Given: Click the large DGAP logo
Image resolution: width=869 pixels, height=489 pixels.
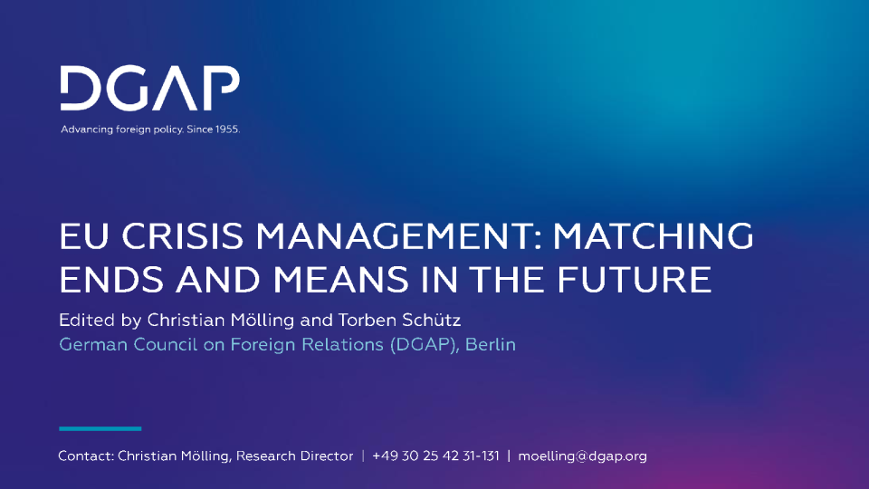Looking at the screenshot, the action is click(x=149, y=88).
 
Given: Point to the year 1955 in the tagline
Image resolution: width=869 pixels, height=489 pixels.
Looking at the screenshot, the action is click(x=227, y=129).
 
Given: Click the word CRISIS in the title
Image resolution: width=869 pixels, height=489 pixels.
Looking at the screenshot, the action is click(x=182, y=236).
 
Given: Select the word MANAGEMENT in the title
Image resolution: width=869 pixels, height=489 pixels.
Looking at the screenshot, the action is click(x=398, y=236).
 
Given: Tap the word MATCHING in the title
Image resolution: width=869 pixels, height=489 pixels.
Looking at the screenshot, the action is click(x=654, y=236).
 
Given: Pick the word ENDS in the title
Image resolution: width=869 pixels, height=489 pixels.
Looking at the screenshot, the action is click(x=111, y=280).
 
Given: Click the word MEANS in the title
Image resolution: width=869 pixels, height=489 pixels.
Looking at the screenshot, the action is click(x=341, y=280).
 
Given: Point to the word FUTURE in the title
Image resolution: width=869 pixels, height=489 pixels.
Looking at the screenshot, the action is click(x=634, y=280).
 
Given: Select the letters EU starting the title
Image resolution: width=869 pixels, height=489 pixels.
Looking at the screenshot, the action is click(x=83, y=236).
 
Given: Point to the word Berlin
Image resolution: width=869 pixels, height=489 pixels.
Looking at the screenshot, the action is click(x=491, y=345).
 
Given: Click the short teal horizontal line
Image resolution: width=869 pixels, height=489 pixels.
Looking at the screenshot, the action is click(x=100, y=428).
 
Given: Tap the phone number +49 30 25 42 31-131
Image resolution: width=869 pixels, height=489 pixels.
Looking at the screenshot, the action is click(x=435, y=456).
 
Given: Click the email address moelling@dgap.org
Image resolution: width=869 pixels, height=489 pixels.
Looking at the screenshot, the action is click(x=582, y=456).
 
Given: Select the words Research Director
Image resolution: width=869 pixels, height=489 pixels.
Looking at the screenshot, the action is click(x=294, y=456).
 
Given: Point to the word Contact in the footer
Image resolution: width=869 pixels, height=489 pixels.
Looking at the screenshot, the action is click(x=86, y=456).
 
